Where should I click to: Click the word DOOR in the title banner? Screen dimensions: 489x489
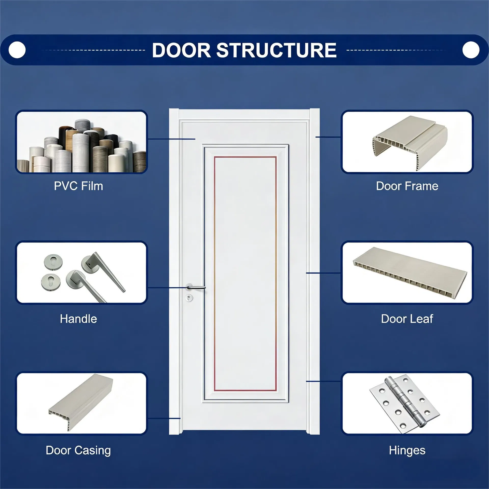click(181, 50)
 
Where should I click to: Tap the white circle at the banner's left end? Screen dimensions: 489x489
click(17, 50)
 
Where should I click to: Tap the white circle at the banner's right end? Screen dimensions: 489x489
click(471, 50)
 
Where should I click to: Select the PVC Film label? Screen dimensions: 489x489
click(78, 186)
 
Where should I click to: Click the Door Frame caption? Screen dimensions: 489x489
click(407, 186)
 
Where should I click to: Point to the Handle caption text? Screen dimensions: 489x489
click(78, 319)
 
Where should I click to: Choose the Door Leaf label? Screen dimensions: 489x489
click(407, 319)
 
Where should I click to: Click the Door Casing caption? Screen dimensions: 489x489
click(78, 450)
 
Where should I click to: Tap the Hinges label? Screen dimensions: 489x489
click(407, 450)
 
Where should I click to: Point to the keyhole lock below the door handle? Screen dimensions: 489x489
click(189, 297)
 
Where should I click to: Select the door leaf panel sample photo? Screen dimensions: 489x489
click(410, 270)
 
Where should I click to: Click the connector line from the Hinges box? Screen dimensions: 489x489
click(323, 381)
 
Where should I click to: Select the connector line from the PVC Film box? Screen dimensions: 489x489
click(171, 139)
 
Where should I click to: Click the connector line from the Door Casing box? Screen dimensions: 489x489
click(164, 418)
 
